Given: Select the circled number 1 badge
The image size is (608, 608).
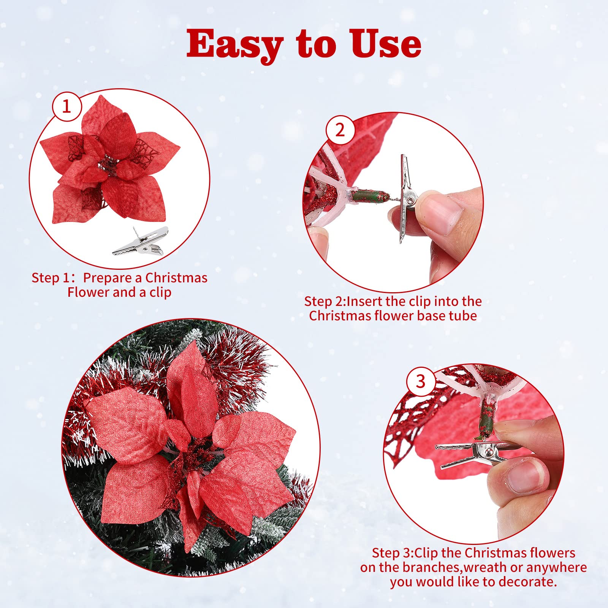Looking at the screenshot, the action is pyautogui.click(x=67, y=106).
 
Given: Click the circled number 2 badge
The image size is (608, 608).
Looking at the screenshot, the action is pyautogui.click(x=340, y=130).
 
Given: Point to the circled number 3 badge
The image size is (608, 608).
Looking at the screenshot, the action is pyautogui.click(x=421, y=381).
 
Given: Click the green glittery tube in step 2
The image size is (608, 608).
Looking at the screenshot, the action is pyautogui.click(x=370, y=196).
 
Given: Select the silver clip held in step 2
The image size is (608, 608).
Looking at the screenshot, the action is pyautogui.click(x=405, y=199).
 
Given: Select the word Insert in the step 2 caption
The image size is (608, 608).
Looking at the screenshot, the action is pyautogui.click(x=364, y=301).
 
